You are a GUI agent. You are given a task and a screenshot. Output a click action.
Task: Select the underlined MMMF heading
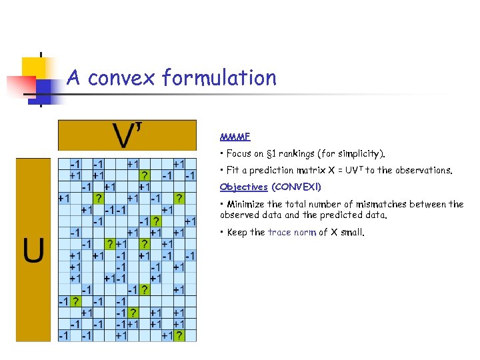[235, 137]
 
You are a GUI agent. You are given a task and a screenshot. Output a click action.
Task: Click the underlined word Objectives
[243, 187]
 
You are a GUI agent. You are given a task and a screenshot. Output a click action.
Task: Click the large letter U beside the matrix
[35, 250]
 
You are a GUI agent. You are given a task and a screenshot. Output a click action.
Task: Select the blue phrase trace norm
[293, 233]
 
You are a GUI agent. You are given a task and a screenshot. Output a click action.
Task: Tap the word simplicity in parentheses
[361, 154]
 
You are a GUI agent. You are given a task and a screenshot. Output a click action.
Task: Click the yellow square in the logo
[35, 68]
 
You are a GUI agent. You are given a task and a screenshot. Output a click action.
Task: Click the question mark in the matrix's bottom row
[179, 336]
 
